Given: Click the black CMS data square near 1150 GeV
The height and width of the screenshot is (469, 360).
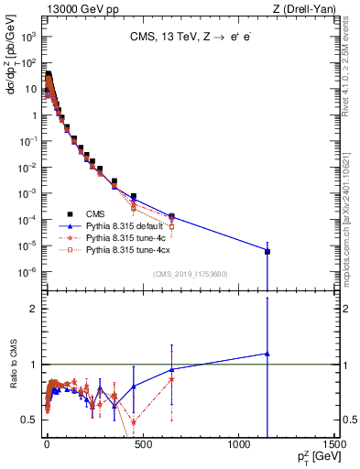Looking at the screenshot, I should (267, 251).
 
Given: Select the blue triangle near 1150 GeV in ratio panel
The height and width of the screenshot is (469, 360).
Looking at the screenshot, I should (267, 354).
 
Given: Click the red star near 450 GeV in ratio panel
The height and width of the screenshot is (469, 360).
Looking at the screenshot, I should (134, 421).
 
